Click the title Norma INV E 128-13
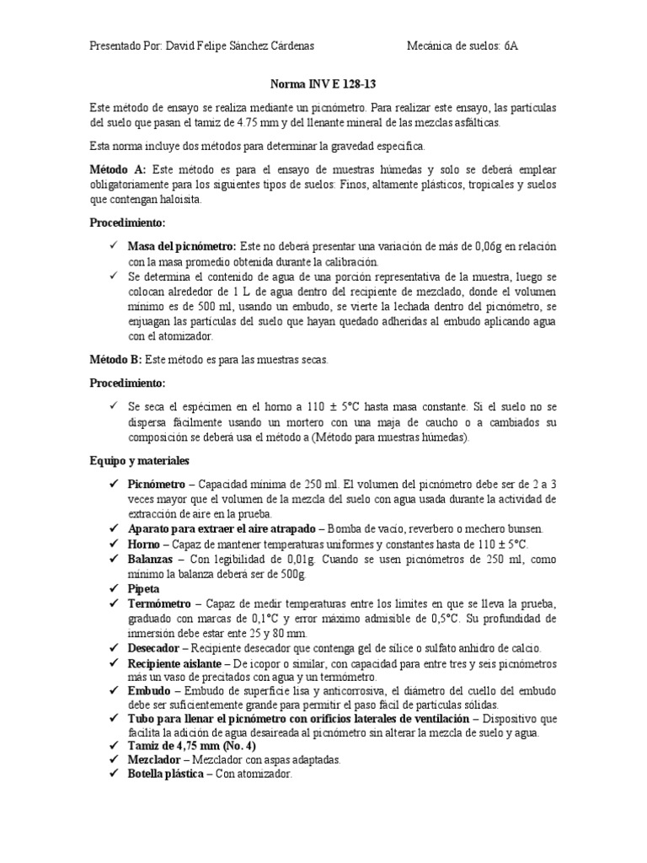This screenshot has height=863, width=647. pos(323,85)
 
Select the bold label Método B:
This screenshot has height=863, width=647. pos(116,360)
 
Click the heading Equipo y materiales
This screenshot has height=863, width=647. pos(140,461)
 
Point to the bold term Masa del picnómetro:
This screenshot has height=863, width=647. pos(182,247)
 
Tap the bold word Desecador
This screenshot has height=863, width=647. pos(153,648)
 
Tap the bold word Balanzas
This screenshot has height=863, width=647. pos(150,559)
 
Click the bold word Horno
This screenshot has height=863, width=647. pos(143,544)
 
